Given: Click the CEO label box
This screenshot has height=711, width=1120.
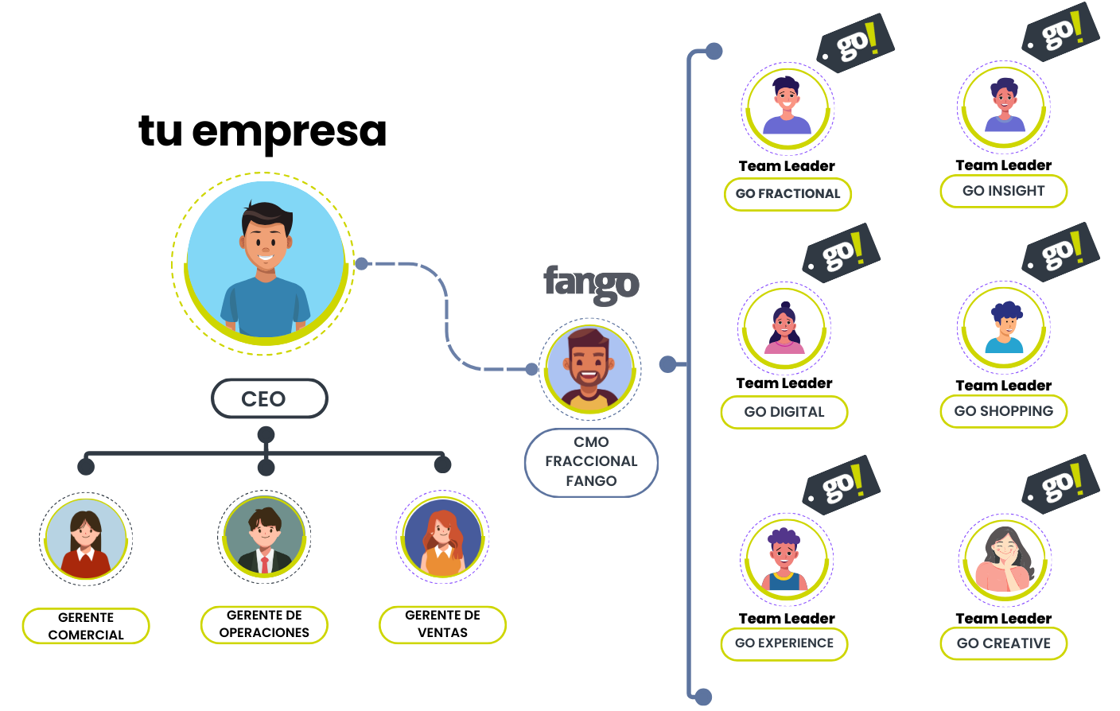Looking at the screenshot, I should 269,398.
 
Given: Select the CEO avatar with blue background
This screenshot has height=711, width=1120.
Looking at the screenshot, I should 265,262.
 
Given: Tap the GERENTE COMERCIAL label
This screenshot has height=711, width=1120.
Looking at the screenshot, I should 86,626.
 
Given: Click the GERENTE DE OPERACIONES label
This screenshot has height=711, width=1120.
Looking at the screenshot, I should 264,624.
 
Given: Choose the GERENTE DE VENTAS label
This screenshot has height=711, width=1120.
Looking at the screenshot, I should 442,624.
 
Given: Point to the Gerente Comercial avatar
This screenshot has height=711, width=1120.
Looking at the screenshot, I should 86,538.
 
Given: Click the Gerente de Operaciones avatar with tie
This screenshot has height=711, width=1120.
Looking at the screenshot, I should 264,537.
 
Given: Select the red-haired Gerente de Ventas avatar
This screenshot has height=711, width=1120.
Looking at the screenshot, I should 442,537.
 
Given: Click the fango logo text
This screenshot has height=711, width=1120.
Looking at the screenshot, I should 591,283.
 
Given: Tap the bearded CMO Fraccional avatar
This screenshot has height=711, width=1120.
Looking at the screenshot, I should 589,369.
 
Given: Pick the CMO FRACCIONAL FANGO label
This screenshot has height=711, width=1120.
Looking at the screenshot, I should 591,462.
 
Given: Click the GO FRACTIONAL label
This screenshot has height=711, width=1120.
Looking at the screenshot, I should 787,194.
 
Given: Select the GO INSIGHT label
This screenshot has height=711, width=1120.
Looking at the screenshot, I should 1003,191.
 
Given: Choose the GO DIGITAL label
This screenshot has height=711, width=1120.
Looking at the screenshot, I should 784,412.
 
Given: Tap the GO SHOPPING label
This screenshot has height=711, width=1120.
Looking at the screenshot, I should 1003,411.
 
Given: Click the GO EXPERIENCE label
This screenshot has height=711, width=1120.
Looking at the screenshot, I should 784,643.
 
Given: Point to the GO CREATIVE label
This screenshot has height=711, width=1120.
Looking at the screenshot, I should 1003,643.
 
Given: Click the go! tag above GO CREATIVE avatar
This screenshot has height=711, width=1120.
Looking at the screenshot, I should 1060,484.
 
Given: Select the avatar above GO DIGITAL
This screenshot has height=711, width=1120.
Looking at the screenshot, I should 784,328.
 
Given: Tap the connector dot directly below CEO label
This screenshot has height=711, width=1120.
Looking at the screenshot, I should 266,434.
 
